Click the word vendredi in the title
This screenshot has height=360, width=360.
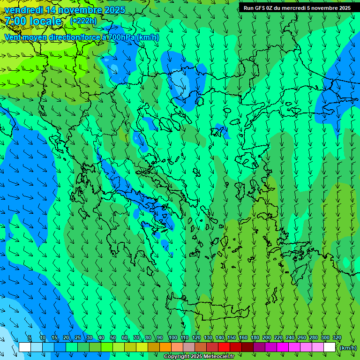pyautogui.click(x=23, y=10)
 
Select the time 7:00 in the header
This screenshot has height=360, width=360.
pyautogui.click(x=16, y=21)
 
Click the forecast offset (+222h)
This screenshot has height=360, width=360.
pyautogui.click(x=83, y=21)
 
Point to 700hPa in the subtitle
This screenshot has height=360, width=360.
pyautogui.click(x=121, y=37)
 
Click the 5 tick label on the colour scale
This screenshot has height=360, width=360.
pyautogui.click(x=30, y=338)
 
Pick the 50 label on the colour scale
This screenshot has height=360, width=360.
pyautogui.click(x=113, y=338)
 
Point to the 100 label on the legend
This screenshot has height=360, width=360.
pyautogui.click(x=172, y=338)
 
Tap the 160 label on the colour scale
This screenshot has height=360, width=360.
pyautogui.click(x=243, y=338)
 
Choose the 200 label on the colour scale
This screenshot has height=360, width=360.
pyautogui.click(x=267, y=338)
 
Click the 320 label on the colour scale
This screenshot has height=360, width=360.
pyautogui.click(x=337, y=338)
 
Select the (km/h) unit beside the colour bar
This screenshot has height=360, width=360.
pyautogui.click(x=348, y=348)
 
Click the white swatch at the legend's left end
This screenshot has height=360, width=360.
pyautogui.click(x=25, y=347)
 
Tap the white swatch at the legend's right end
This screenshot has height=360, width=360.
pyautogui.click(x=330, y=347)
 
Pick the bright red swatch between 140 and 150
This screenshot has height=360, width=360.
pyautogui.click(x=224, y=347)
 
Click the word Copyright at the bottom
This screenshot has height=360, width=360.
pyautogui.click(x=177, y=357)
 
